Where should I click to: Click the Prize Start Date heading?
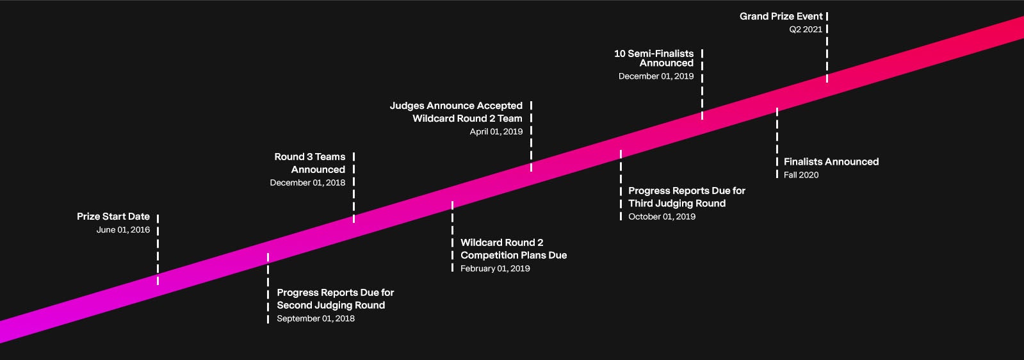pyautogui.click(x=113, y=217)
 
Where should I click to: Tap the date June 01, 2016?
pyautogui.click(x=123, y=230)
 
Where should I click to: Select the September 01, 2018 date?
pyautogui.click(x=316, y=318)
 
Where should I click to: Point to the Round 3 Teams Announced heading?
pyautogui.click(x=310, y=163)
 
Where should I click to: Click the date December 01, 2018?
pyautogui.click(x=307, y=183)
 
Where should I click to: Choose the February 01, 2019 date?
pyautogui.click(x=495, y=268)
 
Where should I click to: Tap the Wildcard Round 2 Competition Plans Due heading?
pyautogui.click(x=513, y=249)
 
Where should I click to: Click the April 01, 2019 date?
pyautogui.click(x=496, y=131)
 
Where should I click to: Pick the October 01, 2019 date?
pyautogui.click(x=662, y=217)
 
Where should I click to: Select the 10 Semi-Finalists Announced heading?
pyautogui.click(x=654, y=58)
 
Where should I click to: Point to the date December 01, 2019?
pyautogui.click(x=656, y=76)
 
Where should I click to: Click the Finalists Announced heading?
pyautogui.click(x=831, y=162)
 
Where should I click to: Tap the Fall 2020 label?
pyautogui.click(x=801, y=175)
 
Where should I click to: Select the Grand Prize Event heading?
pyautogui.click(x=781, y=16)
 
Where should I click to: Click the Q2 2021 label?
pyautogui.click(x=806, y=29)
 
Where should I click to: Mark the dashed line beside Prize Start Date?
pyautogui.click(x=158, y=250)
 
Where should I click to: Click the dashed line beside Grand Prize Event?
pyautogui.click(x=827, y=48)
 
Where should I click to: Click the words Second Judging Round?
pyautogui.click(x=331, y=306)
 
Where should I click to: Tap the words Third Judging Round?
pyautogui.click(x=677, y=204)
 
